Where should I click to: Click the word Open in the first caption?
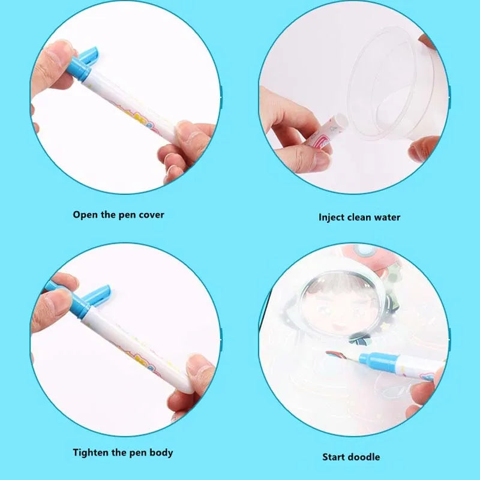point(85,214)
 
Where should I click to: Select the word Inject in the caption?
point(331,217)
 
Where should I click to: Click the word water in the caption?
point(386,217)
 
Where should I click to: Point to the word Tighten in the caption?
point(93,452)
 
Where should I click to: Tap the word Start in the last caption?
point(335,457)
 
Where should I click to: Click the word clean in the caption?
point(360,217)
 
